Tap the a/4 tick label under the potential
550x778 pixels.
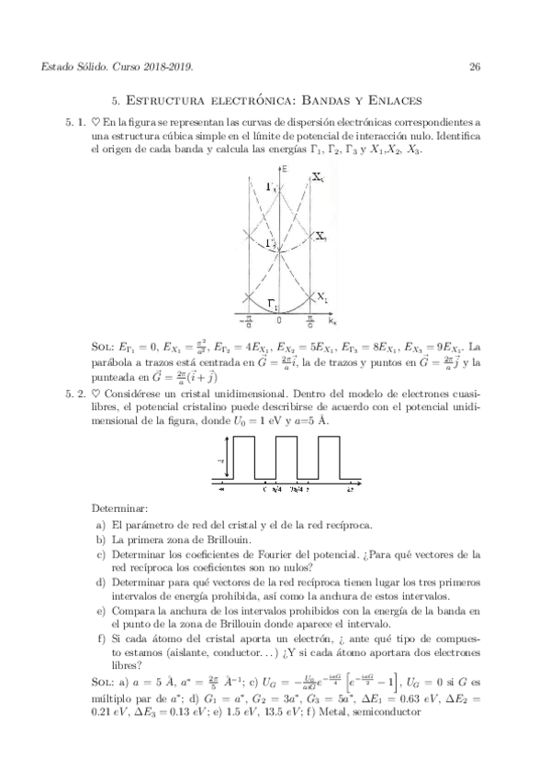[x=276, y=488]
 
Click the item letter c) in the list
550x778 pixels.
[x=100, y=555]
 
